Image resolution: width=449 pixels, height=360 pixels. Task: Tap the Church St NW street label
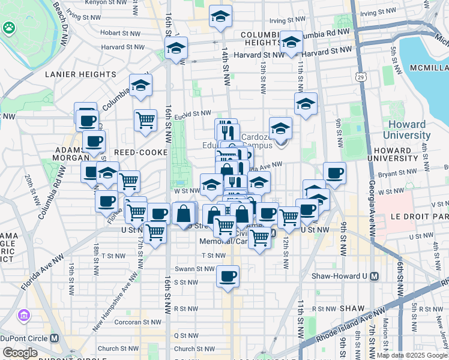coord(116,349)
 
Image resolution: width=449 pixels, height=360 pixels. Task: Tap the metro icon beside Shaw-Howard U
coord(375,277)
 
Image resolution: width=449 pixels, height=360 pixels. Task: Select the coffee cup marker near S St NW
coord(228,277)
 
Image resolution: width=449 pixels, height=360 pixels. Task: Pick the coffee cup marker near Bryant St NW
coord(334,173)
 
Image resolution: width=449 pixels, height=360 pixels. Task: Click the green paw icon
coord(9,28)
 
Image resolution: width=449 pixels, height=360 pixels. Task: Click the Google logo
coord(20,352)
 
